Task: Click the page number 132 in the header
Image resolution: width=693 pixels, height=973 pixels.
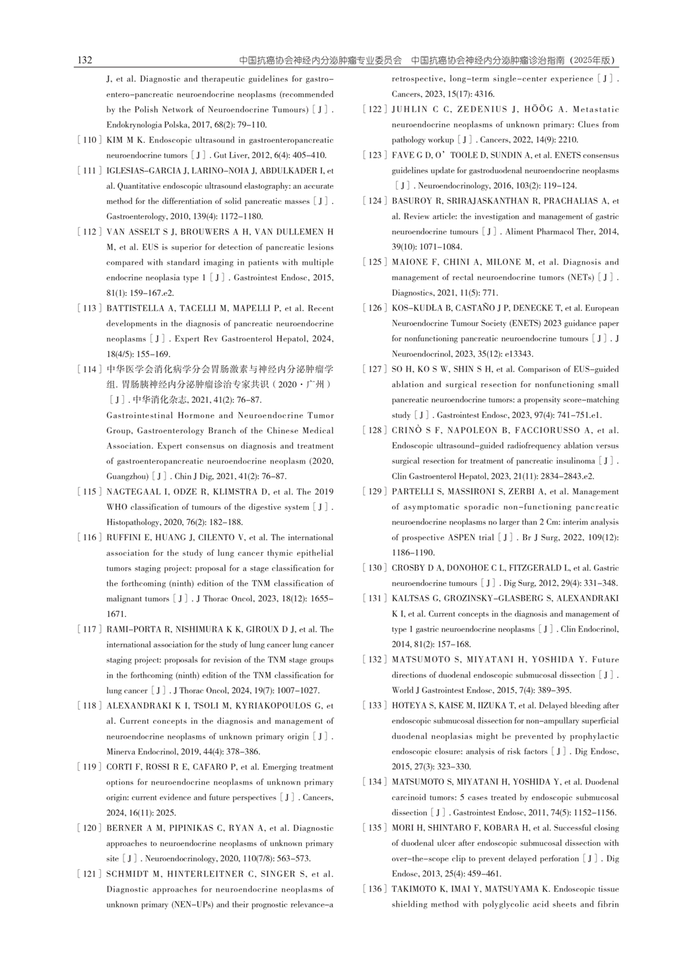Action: point(84,60)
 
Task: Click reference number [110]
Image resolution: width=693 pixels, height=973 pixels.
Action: point(89,140)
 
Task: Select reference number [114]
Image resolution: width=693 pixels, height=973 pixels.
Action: point(89,369)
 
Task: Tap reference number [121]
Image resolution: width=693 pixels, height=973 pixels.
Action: point(89,874)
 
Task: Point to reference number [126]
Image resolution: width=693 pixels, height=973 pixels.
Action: point(374,308)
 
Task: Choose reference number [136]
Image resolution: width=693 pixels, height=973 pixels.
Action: point(374,889)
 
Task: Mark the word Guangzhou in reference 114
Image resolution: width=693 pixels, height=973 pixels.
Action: point(127,476)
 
